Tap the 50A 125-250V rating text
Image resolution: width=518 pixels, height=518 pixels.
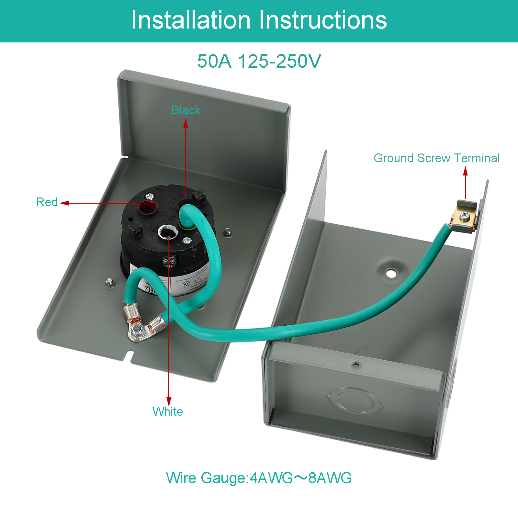259,61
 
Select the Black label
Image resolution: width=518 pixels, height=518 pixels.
186,110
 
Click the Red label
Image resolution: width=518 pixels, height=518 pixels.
47,202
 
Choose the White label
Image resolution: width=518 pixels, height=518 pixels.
168,411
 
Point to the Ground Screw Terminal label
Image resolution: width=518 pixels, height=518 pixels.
436,158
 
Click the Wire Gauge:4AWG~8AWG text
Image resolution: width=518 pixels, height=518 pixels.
259,478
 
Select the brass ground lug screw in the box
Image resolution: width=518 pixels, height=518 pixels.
465,215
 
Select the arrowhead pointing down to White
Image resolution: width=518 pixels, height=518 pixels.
169,401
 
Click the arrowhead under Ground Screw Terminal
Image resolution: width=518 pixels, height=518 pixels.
466,171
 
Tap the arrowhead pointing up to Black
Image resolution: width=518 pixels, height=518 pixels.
186,123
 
